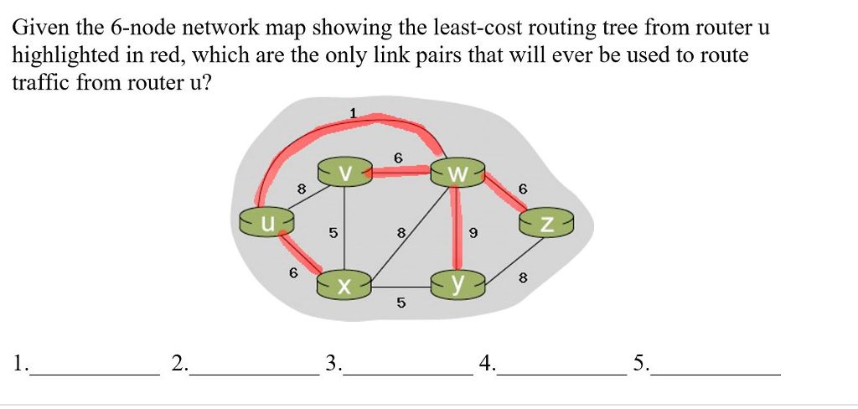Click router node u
click(267, 223)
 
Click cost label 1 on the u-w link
click(353, 112)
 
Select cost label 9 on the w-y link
click(473, 234)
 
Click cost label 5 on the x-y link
click(401, 303)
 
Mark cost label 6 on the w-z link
click(523, 189)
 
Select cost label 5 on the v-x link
click(333, 234)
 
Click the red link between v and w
click(401, 172)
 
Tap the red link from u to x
click(300, 252)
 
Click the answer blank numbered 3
click(409, 372)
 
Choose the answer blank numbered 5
click(716, 372)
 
